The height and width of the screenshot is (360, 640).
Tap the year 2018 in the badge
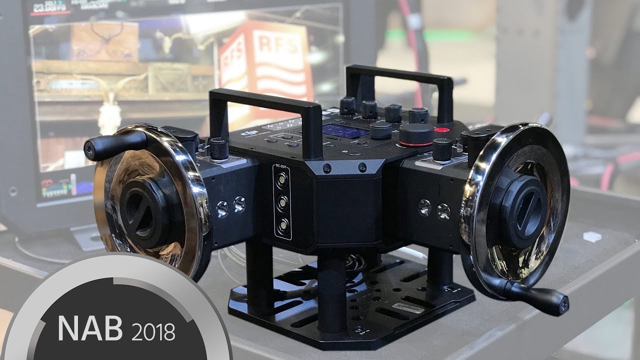[153, 331]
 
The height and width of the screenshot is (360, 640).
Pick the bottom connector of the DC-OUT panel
[283, 224]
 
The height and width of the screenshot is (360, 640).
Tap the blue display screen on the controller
[345, 131]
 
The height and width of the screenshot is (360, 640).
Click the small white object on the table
[592, 236]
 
